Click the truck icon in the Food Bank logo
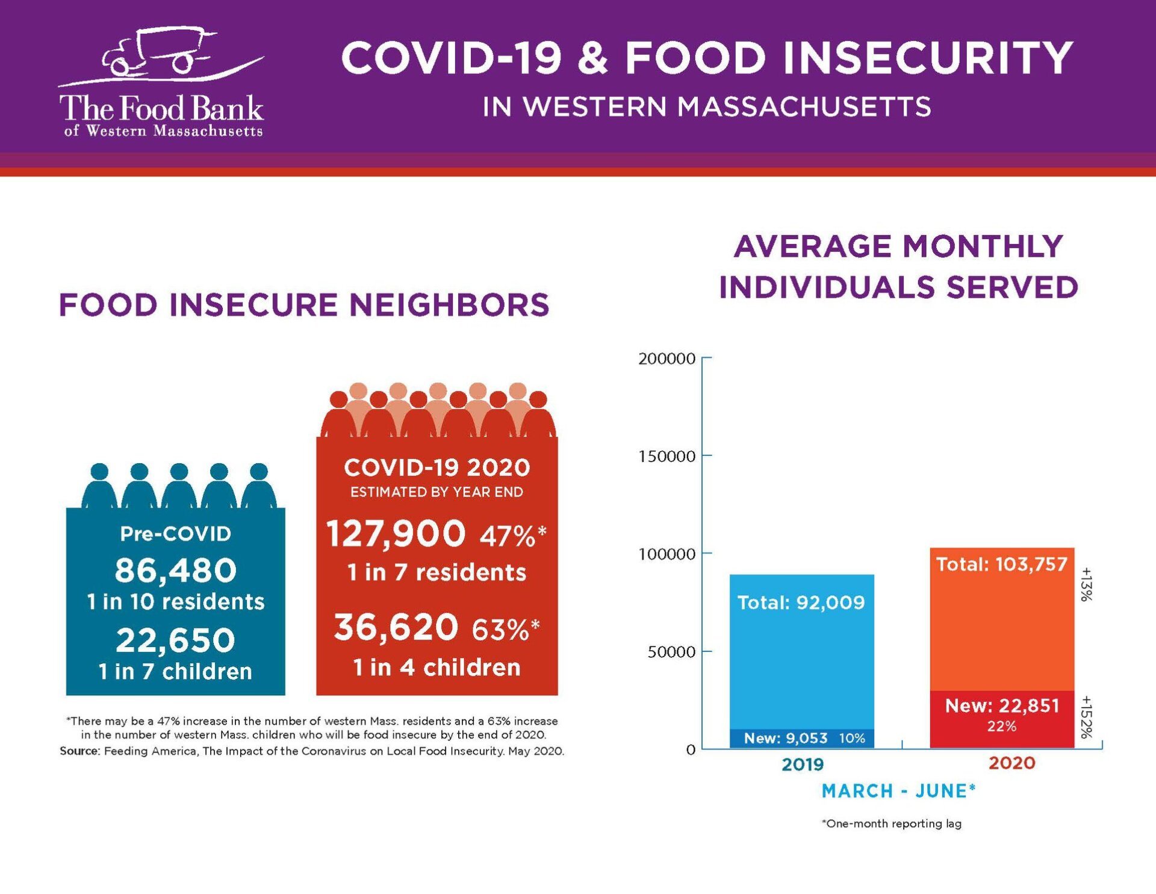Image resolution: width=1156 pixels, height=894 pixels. (158, 53)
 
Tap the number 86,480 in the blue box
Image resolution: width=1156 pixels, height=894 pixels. (175, 570)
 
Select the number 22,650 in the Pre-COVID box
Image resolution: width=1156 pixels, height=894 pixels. (175, 640)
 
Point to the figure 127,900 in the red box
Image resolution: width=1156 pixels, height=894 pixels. (396, 534)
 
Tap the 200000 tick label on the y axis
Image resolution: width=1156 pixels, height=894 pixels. (667, 359)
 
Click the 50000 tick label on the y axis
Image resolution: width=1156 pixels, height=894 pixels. (671, 652)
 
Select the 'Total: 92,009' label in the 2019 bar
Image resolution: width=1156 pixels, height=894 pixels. (801, 602)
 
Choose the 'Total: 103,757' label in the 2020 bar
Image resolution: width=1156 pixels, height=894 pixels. (1001, 564)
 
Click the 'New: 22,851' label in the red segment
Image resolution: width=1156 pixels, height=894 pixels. (1002, 705)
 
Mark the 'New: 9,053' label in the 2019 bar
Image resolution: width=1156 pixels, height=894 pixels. (786, 738)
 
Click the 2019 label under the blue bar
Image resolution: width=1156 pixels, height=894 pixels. (803, 764)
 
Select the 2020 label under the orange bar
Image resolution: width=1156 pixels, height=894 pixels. (1011, 763)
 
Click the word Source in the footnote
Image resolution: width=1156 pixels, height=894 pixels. (79, 751)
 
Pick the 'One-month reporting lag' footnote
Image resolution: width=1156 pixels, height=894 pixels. (892, 824)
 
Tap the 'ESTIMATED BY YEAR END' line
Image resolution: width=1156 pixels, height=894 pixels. (437, 492)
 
